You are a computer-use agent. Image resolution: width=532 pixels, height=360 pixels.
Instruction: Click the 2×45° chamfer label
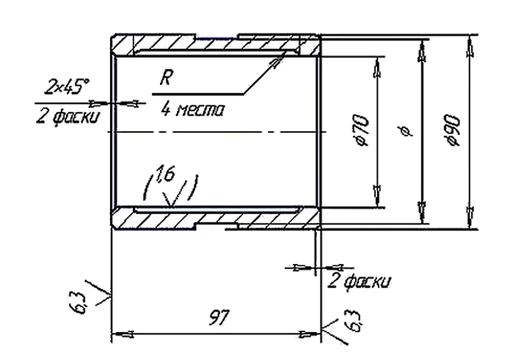67,87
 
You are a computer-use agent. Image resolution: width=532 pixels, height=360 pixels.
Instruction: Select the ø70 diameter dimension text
361,131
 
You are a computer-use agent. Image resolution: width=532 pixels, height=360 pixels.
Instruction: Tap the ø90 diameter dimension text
453,131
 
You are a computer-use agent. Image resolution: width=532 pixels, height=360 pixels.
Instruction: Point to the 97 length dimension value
219,317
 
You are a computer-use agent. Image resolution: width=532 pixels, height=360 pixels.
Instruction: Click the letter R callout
166,77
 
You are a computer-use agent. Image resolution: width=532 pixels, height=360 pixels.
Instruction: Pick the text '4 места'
192,109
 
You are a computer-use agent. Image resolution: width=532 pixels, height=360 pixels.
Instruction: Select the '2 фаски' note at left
68,117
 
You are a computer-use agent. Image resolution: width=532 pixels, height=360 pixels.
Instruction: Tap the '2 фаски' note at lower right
359,281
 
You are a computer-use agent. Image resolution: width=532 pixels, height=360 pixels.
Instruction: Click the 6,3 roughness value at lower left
78,303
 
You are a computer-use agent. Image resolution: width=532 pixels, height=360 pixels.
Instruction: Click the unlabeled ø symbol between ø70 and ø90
406,131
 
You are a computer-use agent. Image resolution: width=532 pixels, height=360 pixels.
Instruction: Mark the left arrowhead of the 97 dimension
123,334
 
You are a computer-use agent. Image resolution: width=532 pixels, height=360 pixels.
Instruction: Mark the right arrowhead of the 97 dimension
310,334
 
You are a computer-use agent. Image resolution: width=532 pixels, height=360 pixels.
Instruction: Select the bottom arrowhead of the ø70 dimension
377,196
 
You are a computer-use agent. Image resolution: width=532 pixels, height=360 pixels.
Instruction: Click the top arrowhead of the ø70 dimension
377,67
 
